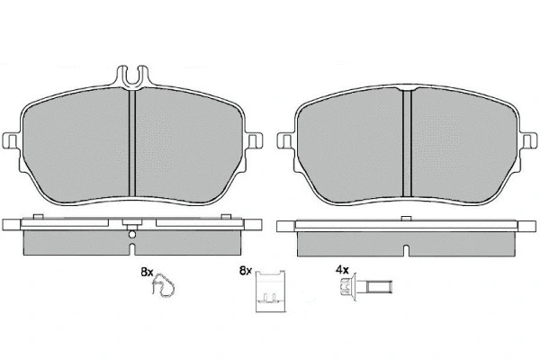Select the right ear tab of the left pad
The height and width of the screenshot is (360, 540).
[x=255, y=141]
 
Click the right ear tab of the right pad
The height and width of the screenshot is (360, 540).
[x=529, y=141]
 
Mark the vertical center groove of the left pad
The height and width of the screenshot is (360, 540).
[x=132, y=143]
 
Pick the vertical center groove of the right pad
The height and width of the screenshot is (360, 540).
[x=407, y=143]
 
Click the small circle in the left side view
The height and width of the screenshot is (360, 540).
[x=132, y=235]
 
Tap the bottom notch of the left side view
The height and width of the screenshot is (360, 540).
[x=132, y=250]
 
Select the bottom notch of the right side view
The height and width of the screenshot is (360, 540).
[x=407, y=250]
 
